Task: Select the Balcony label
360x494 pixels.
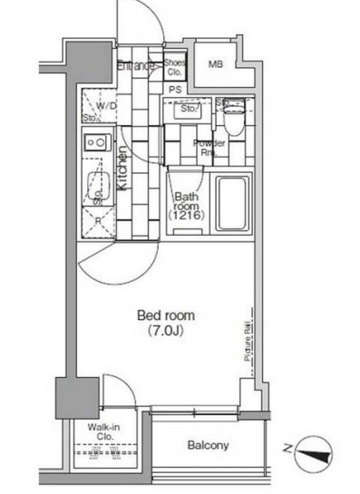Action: click(208, 445)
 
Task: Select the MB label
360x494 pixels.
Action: click(216, 64)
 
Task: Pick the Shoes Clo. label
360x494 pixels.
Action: click(174, 66)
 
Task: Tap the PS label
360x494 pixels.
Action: click(174, 88)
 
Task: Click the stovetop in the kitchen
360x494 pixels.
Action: click(95, 142)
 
